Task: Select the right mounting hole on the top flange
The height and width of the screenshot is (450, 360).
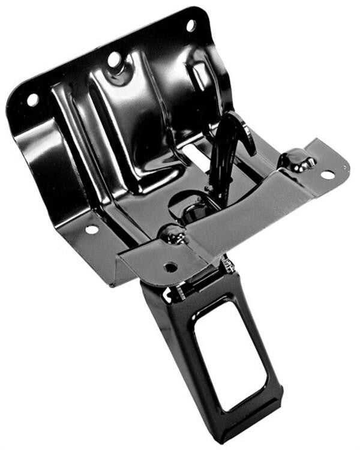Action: [191, 25]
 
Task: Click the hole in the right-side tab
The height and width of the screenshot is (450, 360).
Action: [328, 175]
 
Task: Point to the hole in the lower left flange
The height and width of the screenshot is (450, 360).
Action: [91, 229]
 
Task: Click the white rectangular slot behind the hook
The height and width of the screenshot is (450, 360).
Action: [198, 155]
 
